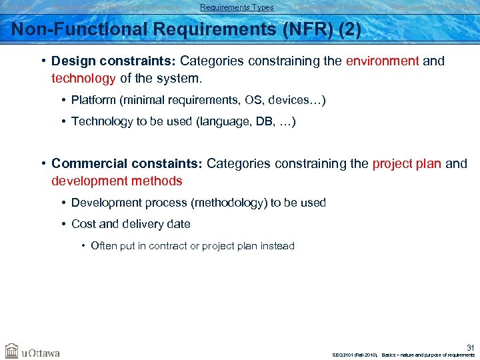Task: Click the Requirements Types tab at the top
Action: click(x=237, y=7)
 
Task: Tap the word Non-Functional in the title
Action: click(x=74, y=30)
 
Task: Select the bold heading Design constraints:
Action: click(x=113, y=61)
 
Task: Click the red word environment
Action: click(x=382, y=61)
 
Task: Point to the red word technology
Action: click(x=83, y=79)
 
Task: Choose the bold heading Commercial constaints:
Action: click(x=127, y=164)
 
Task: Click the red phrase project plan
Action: click(x=407, y=164)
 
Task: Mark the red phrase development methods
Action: click(x=117, y=181)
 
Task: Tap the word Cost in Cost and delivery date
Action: click(x=84, y=224)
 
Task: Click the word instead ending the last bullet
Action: click(x=277, y=246)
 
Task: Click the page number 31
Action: click(x=469, y=346)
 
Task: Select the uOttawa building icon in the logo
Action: click(x=11, y=351)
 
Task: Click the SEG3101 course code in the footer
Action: click(x=345, y=355)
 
